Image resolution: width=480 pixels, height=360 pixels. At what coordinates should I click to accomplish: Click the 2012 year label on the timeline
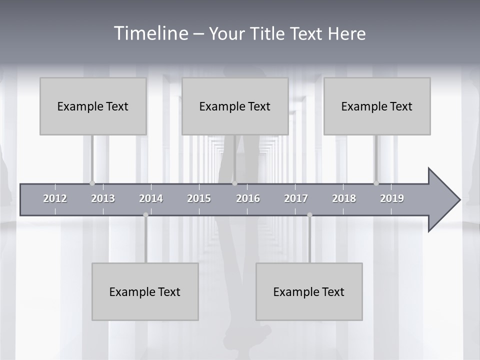55,198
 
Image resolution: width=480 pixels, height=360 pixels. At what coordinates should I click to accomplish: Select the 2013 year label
103,198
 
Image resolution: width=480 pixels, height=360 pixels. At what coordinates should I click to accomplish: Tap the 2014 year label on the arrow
151,198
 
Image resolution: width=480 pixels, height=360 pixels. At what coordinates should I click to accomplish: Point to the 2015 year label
199,198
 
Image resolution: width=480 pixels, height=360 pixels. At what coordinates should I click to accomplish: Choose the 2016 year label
248,198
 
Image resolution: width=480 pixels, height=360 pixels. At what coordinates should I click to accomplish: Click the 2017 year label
296,198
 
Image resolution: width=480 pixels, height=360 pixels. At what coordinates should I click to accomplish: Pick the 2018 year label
344,198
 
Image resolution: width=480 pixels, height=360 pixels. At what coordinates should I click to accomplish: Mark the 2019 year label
392,198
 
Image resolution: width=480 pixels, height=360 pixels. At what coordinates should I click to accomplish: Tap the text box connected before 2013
93,106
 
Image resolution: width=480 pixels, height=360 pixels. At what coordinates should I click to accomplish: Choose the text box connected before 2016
235,106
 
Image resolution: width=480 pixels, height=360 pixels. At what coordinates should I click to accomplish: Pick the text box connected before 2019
377,106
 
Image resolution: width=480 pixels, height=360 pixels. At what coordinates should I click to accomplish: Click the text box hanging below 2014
145,291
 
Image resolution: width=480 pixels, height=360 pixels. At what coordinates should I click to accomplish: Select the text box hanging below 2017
309,291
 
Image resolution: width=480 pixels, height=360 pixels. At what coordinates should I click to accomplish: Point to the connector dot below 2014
145,215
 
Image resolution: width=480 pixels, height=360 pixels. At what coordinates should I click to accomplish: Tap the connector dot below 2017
309,215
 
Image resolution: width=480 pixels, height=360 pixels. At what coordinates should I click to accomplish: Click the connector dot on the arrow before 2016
234,183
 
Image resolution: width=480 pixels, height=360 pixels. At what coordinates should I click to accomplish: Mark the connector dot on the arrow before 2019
376,183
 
